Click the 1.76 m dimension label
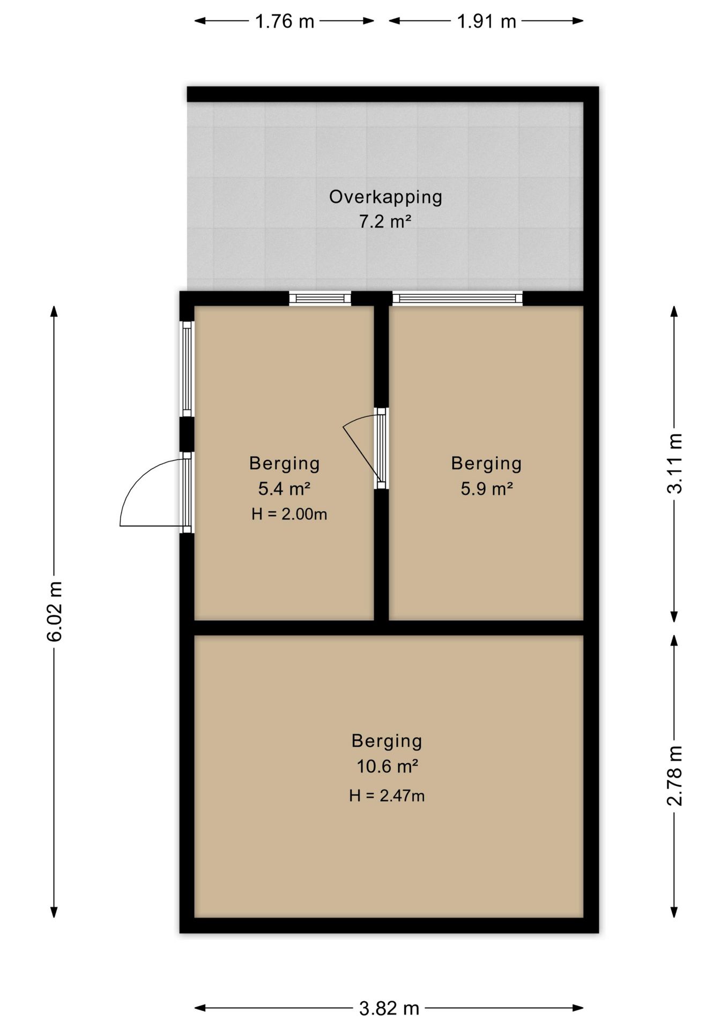click(x=284, y=21)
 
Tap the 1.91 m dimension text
click(x=486, y=21)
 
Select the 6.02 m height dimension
click(x=55, y=611)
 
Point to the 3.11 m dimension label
click(x=675, y=463)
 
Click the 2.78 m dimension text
click(x=675, y=776)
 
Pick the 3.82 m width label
click(x=389, y=1008)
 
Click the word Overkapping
click(x=385, y=197)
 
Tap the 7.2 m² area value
click(x=385, y=221)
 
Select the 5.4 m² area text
click(x=285, y=488)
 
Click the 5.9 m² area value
click(x=487, y=488)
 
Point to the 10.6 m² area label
click(x=387, y=766)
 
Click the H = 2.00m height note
click(x=289, y=514)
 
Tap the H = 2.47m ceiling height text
click(x=387, y=796)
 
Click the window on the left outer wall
click(x=187, y=369)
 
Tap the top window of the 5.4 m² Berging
click(x=320, y=298)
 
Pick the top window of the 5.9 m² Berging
click(x=457, y=298)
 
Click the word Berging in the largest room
click(x=387, y=741)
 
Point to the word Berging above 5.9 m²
click(x=487, y=463)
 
